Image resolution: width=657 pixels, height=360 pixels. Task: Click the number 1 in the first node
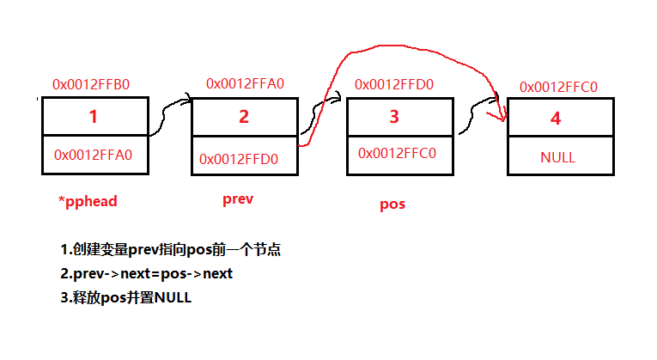(x=94, y=116)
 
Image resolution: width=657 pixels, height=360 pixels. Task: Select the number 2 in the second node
(x=243, y=117)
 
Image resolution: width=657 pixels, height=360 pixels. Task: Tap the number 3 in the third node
(x=394, y=117)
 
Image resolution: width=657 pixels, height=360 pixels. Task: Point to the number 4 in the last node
(x=556, y=119)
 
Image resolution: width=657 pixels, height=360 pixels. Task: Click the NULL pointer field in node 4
(x=557, y=157)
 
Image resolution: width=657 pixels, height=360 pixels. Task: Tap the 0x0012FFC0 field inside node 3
(x=397, y=154)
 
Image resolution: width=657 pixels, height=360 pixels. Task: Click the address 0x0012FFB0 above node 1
(x=91, y=85)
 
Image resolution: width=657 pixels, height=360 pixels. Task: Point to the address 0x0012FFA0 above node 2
(x=245, y=83)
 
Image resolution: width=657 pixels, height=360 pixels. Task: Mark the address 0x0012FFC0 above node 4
(x=558, y=87)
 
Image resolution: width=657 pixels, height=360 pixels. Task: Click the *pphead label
(x=87, y=201)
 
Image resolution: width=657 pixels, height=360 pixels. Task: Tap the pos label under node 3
(x=392, y=204)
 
